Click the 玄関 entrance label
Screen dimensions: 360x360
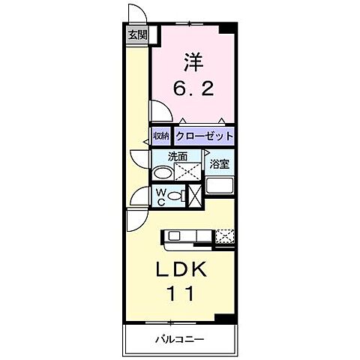pos(136,34)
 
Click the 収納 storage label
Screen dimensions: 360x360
pos(161,136)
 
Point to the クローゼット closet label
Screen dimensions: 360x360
pos(204,136)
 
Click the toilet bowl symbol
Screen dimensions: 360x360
pos(175,196)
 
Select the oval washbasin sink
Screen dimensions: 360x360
pos(162,173)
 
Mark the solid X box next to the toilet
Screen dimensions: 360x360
pos(193,196)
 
